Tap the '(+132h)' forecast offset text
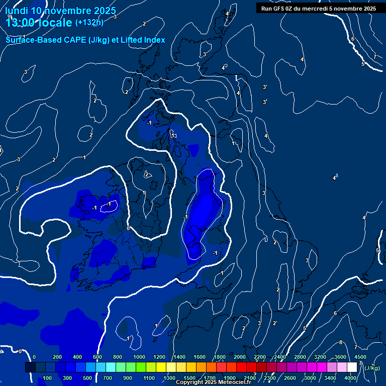[89, 22]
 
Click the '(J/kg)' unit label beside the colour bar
[372, 368]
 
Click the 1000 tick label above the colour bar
[139, 357]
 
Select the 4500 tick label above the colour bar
[360, 357]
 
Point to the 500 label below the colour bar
[87, 378]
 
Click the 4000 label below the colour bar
[350, 378]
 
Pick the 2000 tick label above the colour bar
[240, 357]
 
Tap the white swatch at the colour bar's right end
[352, 367]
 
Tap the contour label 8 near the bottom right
[341, 343]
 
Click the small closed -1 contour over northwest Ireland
[109, 205]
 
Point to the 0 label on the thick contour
[128, 228]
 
